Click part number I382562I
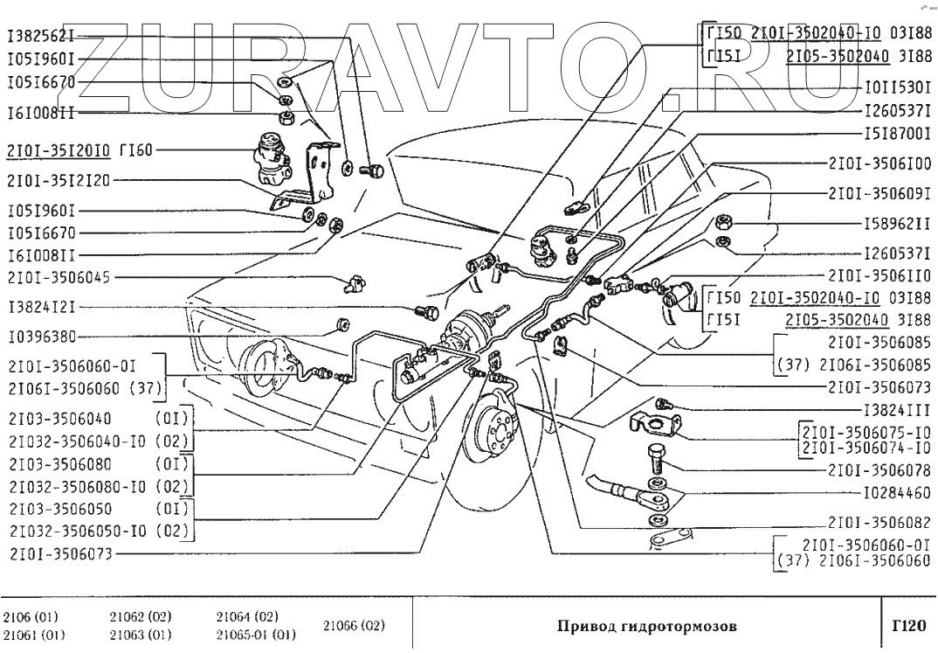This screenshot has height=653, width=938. point(41,37)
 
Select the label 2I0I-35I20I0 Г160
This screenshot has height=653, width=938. point(80,150)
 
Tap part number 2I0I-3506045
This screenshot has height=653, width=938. point(59,278)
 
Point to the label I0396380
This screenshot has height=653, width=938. point(42,337)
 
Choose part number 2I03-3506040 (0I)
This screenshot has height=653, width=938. point(99,419)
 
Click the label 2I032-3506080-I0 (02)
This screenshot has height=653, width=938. point(99,486)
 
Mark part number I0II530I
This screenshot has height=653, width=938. point(898,88)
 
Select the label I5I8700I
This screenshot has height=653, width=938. point(898,134)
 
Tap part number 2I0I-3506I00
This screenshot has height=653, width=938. point(880,163)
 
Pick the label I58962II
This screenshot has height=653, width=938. point(898,224)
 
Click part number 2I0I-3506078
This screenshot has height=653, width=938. point(880,470)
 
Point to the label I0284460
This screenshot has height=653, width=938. point(898,493)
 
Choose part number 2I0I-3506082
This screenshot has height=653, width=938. point(880,523)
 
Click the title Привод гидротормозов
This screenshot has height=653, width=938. point(647,627)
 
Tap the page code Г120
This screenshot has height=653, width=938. point(908,626)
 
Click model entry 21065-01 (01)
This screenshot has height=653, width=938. point(256,635)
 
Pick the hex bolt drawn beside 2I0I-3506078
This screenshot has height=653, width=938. point(655,458)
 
